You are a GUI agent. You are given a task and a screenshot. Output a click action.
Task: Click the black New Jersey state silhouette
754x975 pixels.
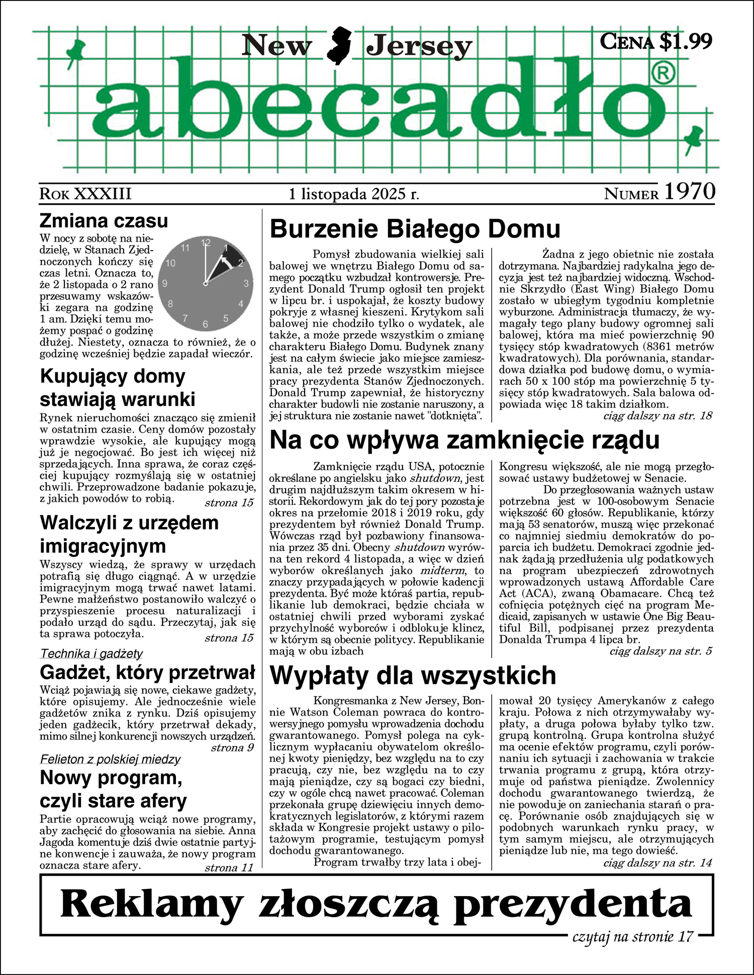(339, 46)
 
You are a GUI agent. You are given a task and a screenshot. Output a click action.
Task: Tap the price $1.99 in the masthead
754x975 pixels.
(686, 41)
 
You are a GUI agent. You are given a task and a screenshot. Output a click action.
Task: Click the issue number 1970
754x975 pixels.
(690, 192)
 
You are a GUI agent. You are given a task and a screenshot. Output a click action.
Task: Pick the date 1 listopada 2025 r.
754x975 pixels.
(354, 194)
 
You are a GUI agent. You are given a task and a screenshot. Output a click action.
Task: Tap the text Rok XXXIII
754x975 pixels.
(85, 194)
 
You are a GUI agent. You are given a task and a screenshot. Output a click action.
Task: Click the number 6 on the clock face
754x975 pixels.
(205, 324)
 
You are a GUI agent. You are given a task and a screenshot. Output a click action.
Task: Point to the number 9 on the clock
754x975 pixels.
(164, 283)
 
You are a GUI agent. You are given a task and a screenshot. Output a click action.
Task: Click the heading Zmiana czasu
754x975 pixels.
(104, 221)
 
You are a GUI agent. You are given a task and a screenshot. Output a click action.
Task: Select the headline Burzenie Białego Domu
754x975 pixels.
(415, 230)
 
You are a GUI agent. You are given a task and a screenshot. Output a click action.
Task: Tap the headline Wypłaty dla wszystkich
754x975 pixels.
(413, 676)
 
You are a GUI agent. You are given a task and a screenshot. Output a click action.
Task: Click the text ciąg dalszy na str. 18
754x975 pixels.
(657, 416)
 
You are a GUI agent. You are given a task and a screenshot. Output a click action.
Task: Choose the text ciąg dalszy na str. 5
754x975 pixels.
(661, 652)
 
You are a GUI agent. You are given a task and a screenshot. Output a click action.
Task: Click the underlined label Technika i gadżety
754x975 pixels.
(91, 654)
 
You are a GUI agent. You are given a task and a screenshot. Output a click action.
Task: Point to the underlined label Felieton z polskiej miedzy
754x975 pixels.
(110, 759)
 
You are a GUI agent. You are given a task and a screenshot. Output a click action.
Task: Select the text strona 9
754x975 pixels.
(232, 747)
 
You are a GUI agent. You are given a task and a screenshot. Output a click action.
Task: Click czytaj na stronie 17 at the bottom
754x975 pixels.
(633, 936)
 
